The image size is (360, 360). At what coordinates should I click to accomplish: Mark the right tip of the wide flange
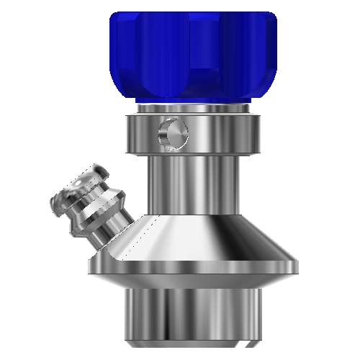click(x=294, y=268)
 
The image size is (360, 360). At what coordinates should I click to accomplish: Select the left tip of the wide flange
click(x=91, y=268)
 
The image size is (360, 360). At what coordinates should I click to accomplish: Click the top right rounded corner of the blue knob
click(x=271, y=18)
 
